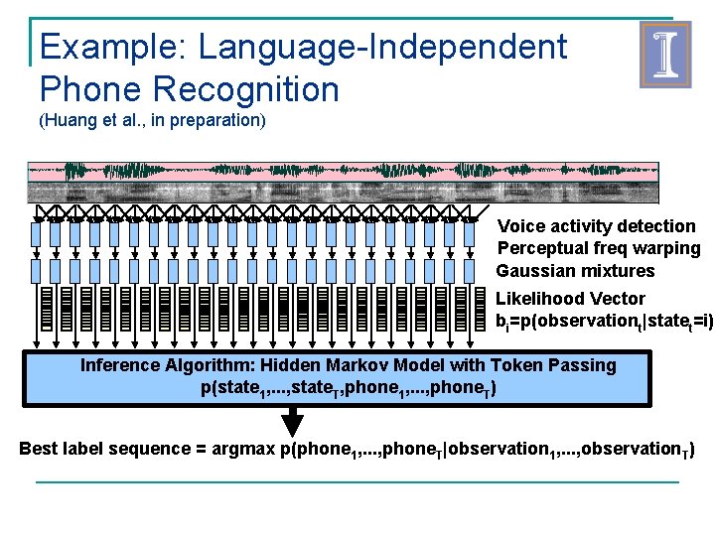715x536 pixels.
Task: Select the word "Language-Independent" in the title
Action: (x=382, y=47)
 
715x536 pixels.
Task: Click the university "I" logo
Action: (x=664, y=56)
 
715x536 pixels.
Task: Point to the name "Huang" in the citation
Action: (x=71, y=122)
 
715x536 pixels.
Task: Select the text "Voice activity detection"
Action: (x=596, y=226)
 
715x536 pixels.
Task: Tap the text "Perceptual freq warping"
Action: (x=598, y=248)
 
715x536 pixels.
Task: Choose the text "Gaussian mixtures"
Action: (x=575, y=271)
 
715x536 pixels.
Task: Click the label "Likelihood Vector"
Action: (x=570, y=299)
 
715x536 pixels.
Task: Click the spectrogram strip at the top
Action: (x=343, y=183)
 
